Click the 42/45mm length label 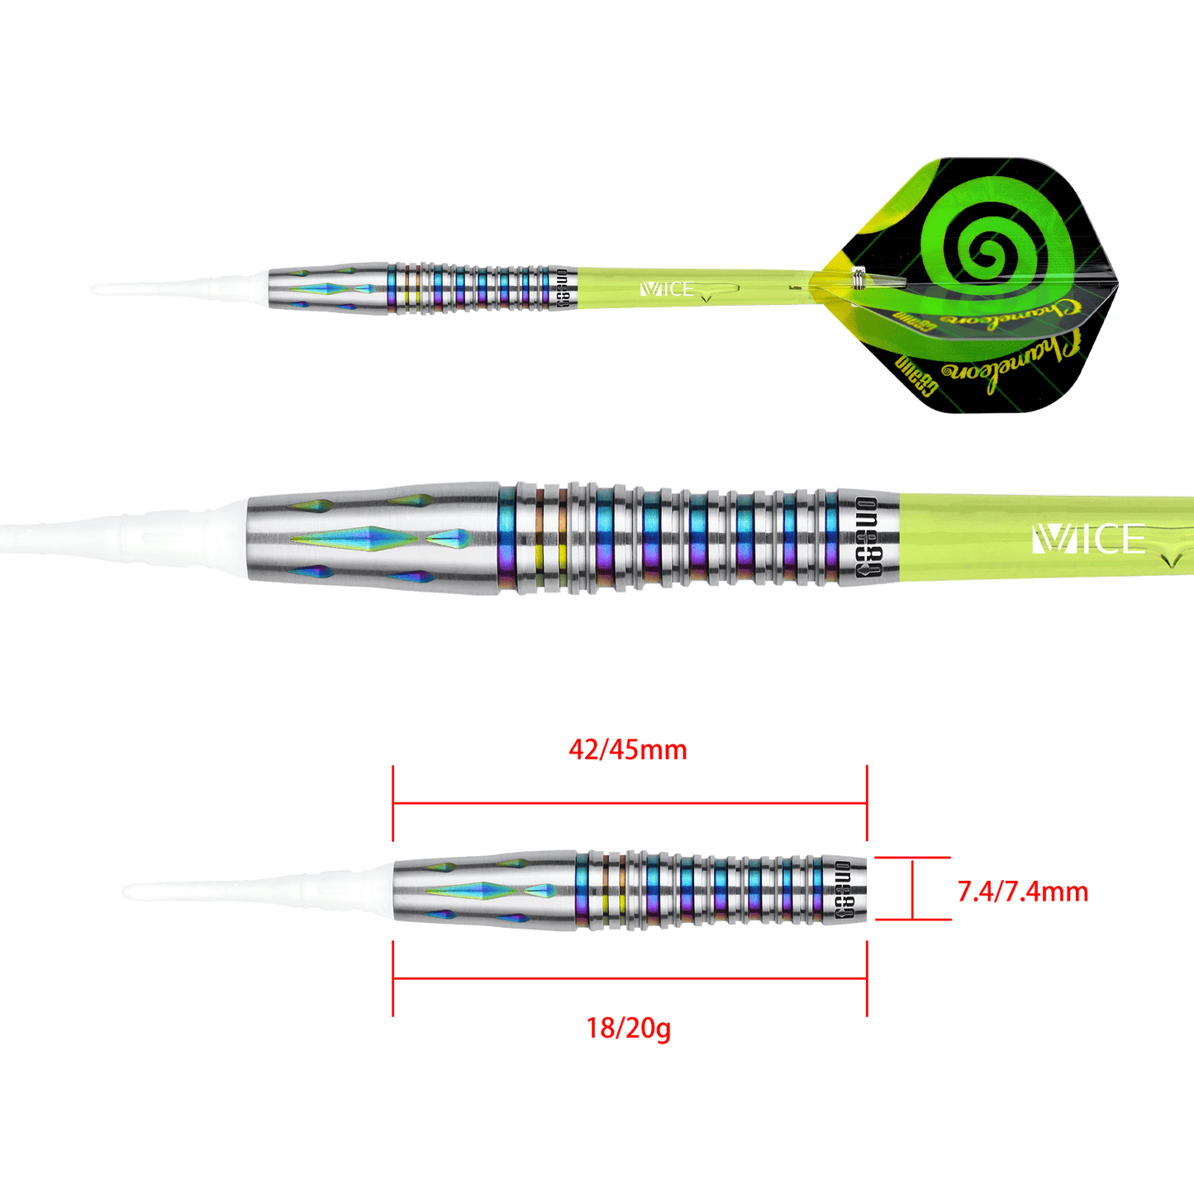click(628, 750)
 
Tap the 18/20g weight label click(628, 1028)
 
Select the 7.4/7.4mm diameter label click(1022, 892)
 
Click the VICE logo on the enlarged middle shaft click(1088, 540)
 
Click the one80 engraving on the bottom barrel click(844, 891)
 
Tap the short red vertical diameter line click(911, 890)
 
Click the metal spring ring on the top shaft click(859, 279)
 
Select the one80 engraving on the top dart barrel click(563, 288)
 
